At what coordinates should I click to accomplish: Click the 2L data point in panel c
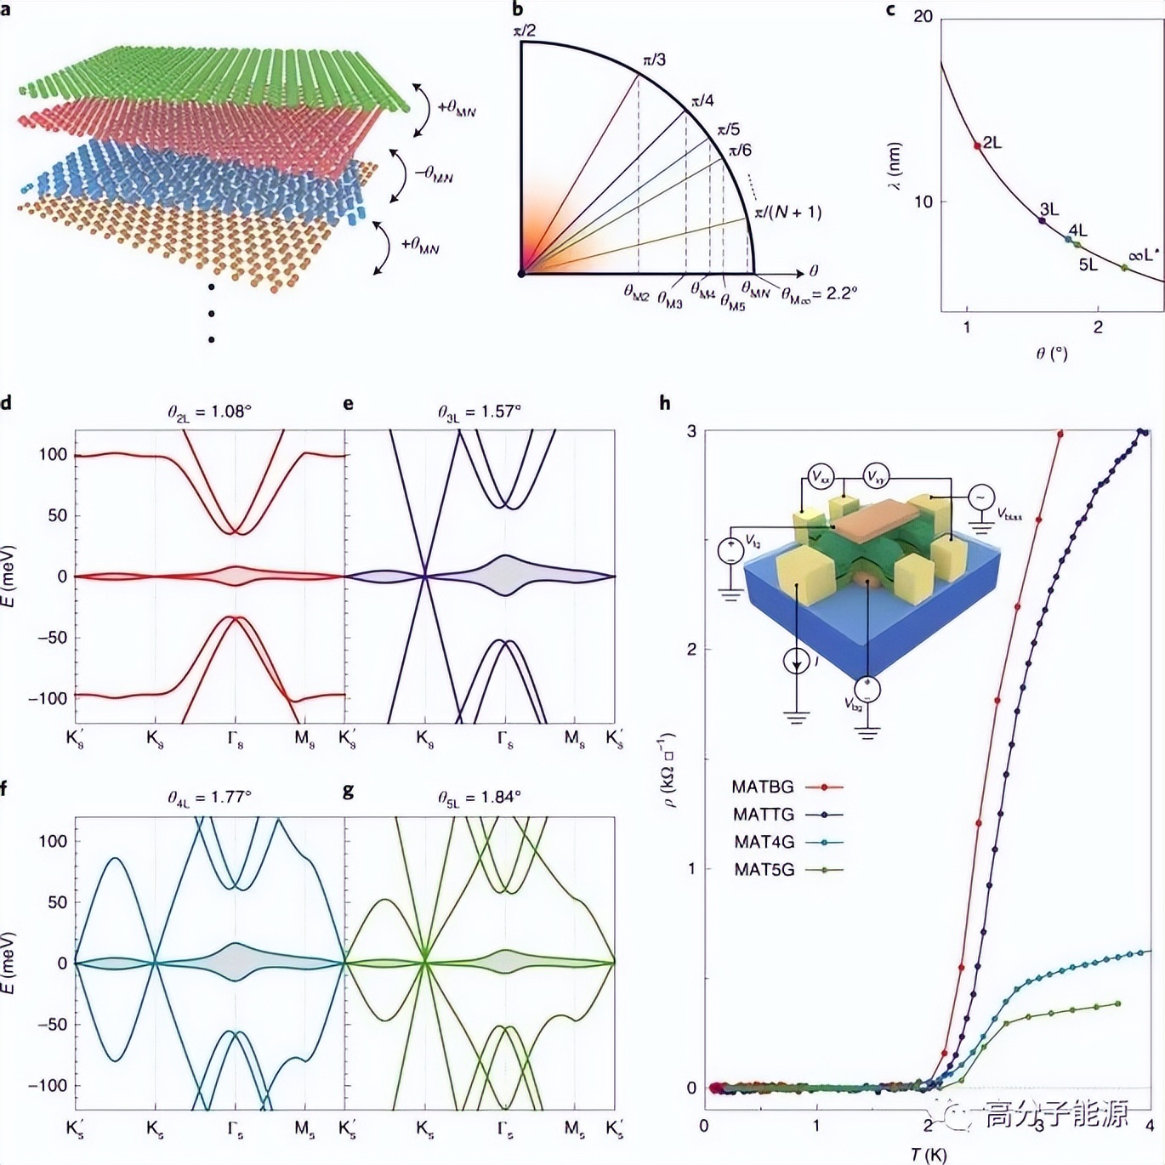pos(977,145)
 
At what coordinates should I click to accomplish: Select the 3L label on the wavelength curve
pos(1049,209)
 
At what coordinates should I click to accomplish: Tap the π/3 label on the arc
pos(654,60)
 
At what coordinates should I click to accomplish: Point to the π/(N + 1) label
pos(789,212)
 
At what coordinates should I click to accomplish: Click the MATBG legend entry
pos(763,787)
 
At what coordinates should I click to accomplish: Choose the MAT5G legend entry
pos(764,869)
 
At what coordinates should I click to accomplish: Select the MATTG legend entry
pos(763,815)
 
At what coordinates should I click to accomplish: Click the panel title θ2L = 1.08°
pos(209,412)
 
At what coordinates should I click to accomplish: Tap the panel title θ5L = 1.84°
pos(479,798)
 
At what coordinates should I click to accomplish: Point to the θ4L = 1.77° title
pos(209,798)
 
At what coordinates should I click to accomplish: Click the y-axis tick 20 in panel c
pos(923,17)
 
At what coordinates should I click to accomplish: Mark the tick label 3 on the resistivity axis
pos(691,431)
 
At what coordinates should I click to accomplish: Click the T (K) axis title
pos(928,1154)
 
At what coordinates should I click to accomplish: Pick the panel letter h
pos(665,403)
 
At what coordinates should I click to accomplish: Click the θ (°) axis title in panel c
pos(1052,353)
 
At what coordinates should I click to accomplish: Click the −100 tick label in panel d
pos(48,698)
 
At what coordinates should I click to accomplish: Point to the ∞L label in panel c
pos(1143,254)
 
